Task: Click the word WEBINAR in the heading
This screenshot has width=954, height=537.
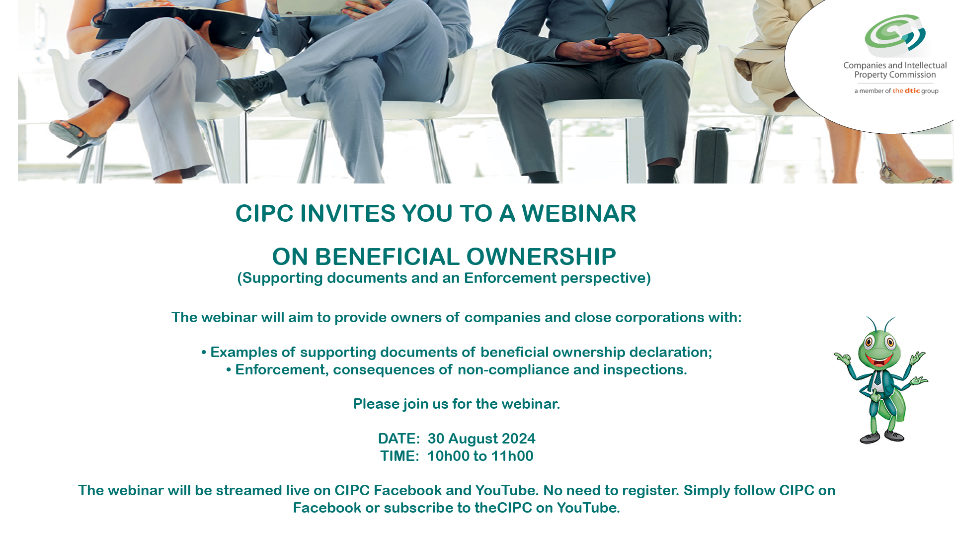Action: pos(579,213)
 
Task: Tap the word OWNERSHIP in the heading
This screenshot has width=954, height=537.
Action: pos(541,257)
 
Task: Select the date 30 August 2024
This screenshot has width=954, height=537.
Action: pos(481,439)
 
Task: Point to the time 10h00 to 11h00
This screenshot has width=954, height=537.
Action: pos(480,456)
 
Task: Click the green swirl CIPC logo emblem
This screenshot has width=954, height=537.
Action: pos(895,35)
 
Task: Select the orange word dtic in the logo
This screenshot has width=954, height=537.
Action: pos(912,90)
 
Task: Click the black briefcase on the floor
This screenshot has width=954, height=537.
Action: pos(712,155)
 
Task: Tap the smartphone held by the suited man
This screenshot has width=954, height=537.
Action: pos(606,42)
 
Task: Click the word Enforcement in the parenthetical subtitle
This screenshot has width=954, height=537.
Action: pos(510,278)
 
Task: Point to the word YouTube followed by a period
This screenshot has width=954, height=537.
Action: pos(588,508)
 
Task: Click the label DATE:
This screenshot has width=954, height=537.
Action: pos(399,439)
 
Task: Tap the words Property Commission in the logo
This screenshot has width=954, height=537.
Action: pos(895,75)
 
